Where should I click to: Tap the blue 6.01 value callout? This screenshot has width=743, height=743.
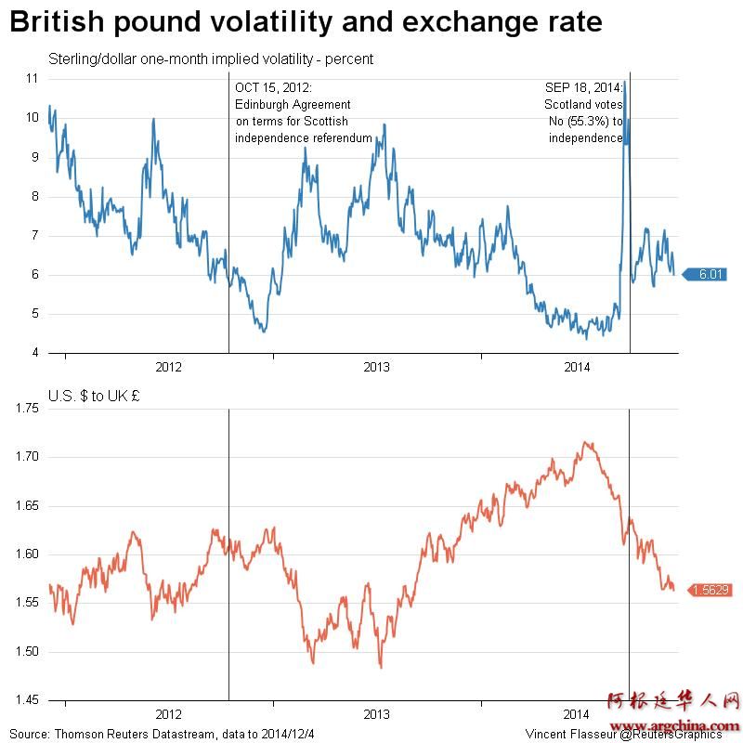coord(710,274)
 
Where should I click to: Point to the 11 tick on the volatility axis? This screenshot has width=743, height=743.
coord(32,79)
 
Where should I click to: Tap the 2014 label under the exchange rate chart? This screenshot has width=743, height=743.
coord(577,714)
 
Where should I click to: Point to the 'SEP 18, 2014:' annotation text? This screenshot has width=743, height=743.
coord(583,87)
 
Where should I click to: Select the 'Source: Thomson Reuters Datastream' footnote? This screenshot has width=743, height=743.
coord(162,734)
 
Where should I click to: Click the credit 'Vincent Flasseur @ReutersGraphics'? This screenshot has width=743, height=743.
coord(623,734)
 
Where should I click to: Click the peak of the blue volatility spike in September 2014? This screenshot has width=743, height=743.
coord(625,82)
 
